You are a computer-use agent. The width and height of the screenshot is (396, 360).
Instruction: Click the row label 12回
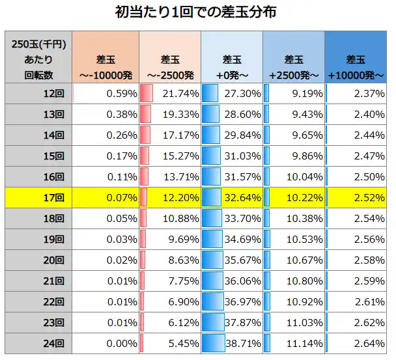pyautogui.click(x=39, y=94)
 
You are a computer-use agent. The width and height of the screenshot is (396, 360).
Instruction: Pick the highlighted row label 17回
pyautogui.click(x=39, y=197)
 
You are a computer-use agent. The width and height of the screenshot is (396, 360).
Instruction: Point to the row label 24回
pyautogui.click(x=39, y=342)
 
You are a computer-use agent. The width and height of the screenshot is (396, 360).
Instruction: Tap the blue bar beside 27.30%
pyautogui.click(x=210, y=94)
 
